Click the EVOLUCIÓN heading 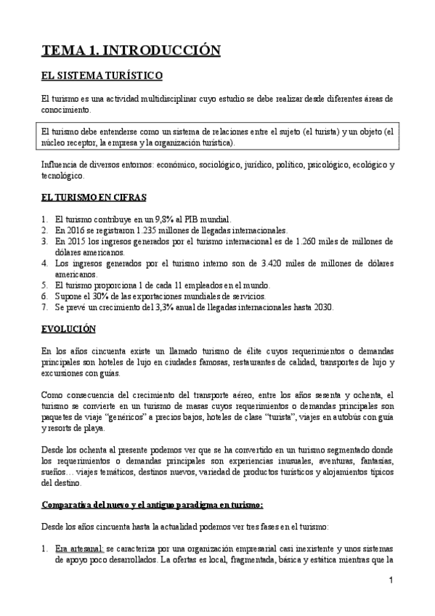pyautogui.click(x=68, y=329)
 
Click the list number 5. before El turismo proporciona pyautogui.click(x=46, y=285)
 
